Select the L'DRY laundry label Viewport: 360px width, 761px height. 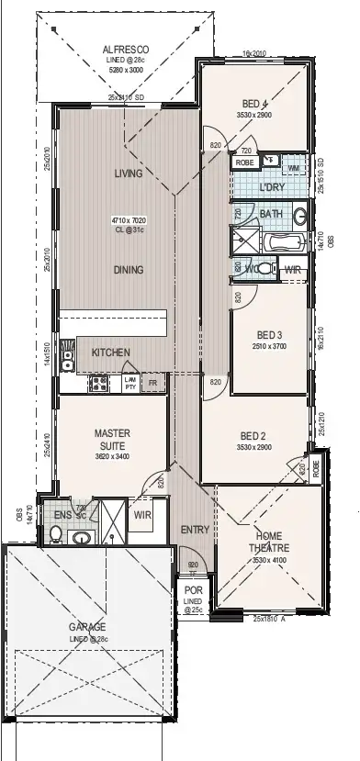272,187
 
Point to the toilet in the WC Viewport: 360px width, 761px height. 264,269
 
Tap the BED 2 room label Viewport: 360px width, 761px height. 253,435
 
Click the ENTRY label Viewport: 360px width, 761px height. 194,530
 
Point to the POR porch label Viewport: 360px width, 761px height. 194,590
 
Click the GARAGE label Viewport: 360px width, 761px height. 88,627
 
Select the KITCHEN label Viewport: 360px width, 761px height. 110,353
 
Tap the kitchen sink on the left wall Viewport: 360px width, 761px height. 67,356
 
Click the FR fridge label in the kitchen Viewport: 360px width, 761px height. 153,381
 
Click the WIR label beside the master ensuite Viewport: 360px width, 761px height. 142,515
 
